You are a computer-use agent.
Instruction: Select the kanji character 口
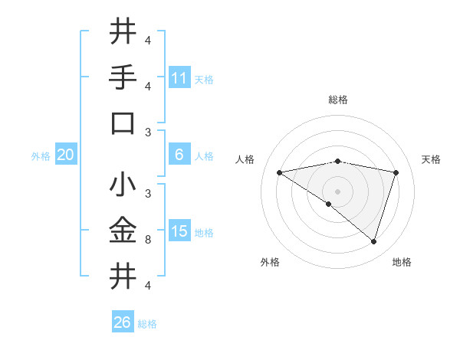point(123,123)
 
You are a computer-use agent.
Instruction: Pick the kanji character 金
point(123,230)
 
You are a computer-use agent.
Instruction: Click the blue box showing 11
point(179,78)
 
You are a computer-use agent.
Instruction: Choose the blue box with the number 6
point(179,155)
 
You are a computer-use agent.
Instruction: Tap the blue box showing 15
point(179,231)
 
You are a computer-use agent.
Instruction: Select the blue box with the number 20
point(66,155)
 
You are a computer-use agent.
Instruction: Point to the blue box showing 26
point(123,322)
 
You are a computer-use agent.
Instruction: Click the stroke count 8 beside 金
point(148,240)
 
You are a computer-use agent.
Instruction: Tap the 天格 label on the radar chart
point(431,159)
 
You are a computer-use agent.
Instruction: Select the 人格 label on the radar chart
point(245,159)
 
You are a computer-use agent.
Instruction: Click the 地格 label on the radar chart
point(402,262)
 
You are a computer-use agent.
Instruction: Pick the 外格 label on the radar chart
point(270,262)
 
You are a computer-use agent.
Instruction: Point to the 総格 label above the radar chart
point(337,100)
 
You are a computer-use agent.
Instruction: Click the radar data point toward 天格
point(396,172)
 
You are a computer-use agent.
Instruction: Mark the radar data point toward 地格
point(373,241)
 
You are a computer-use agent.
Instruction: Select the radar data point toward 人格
point(279,172)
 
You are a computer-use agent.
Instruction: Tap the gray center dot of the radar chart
point(337,191)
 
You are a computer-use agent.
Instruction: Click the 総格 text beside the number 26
point(147,323)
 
